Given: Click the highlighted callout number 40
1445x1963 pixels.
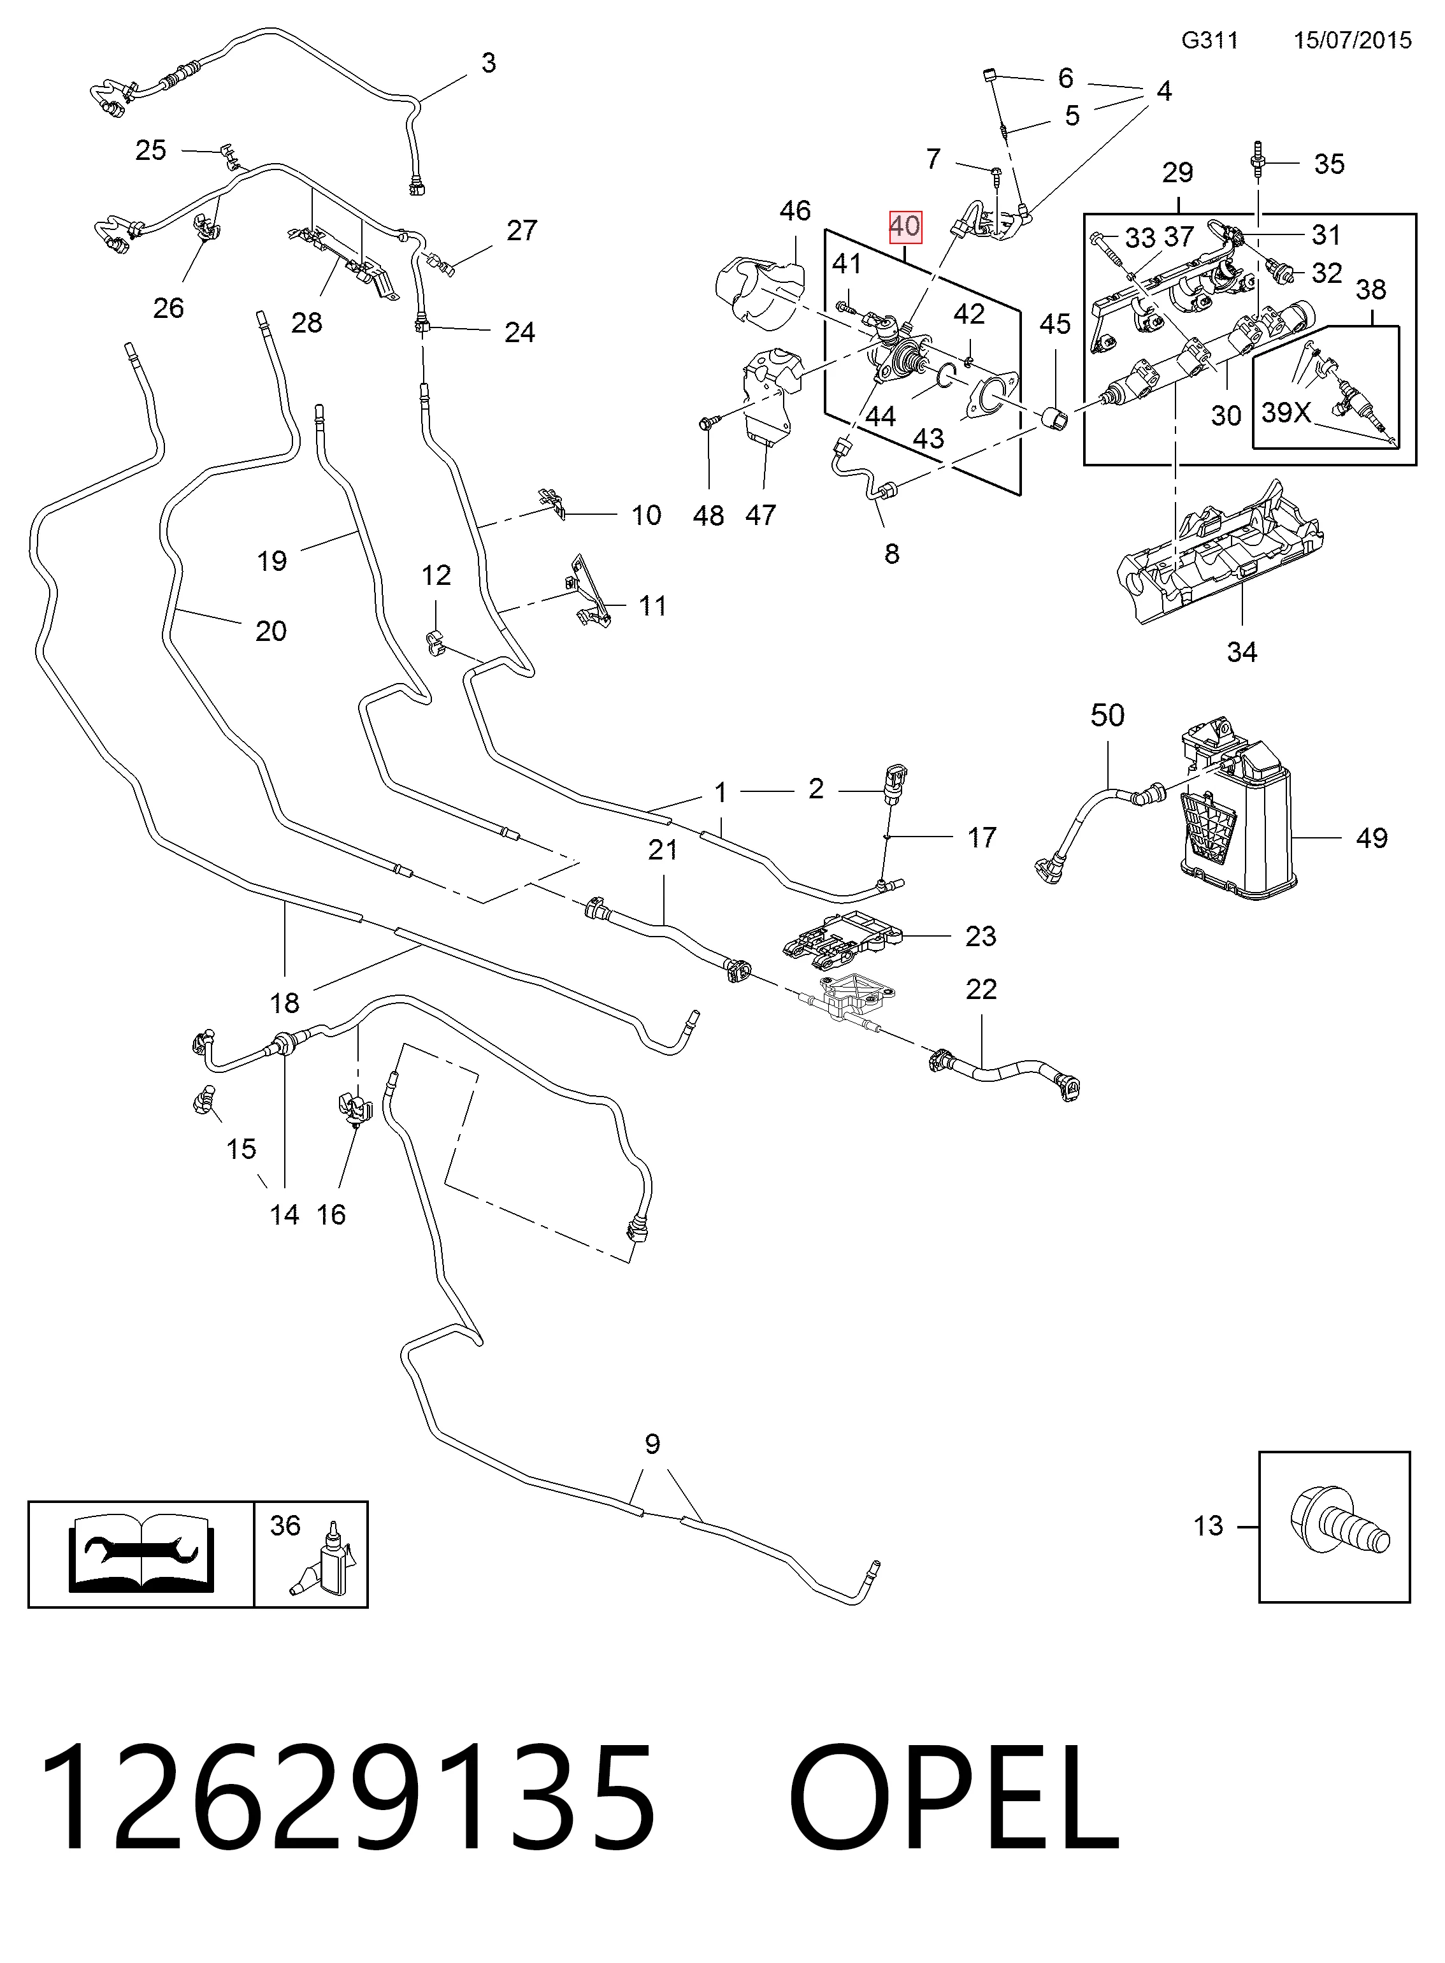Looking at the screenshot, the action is click(905, 227).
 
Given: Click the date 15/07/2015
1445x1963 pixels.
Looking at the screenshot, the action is click(1352, 40).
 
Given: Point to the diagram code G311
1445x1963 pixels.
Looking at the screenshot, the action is click(1210, 40).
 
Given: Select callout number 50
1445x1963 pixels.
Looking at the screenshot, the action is click(1107, 715).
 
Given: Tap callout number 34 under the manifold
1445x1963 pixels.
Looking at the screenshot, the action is click(1242, 652).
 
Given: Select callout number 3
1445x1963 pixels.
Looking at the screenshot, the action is click(489, 63).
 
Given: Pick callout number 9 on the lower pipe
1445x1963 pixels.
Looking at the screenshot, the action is click(652, 1443).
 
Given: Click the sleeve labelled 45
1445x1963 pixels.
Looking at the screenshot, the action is click(1056, 421).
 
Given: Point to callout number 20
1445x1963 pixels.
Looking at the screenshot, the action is click(271, 631).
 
